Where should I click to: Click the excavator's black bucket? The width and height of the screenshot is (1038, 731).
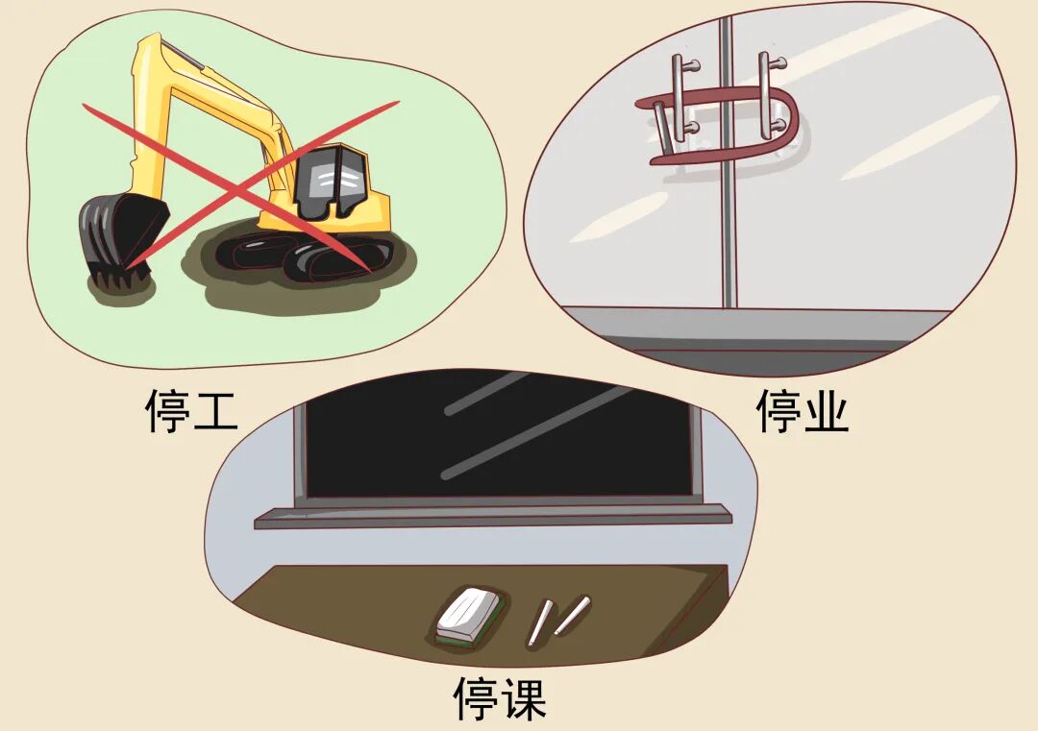[x=111, y=235]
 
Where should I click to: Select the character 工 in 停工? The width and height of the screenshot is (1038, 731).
[x=213, y=410]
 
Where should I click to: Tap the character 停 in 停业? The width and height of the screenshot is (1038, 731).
[x=779, y=410]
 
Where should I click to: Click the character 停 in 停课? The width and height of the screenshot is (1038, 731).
[x=477, y=698]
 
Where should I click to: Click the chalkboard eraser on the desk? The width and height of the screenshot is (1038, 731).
[x=469, y=616]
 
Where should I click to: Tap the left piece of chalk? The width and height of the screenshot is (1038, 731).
[x=541, y=621]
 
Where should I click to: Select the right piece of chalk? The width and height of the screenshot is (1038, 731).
[x=571, y=615]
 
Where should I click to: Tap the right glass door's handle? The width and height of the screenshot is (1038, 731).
[x=767, y=96]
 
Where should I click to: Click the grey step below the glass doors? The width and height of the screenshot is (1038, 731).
[x=750, y=327]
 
